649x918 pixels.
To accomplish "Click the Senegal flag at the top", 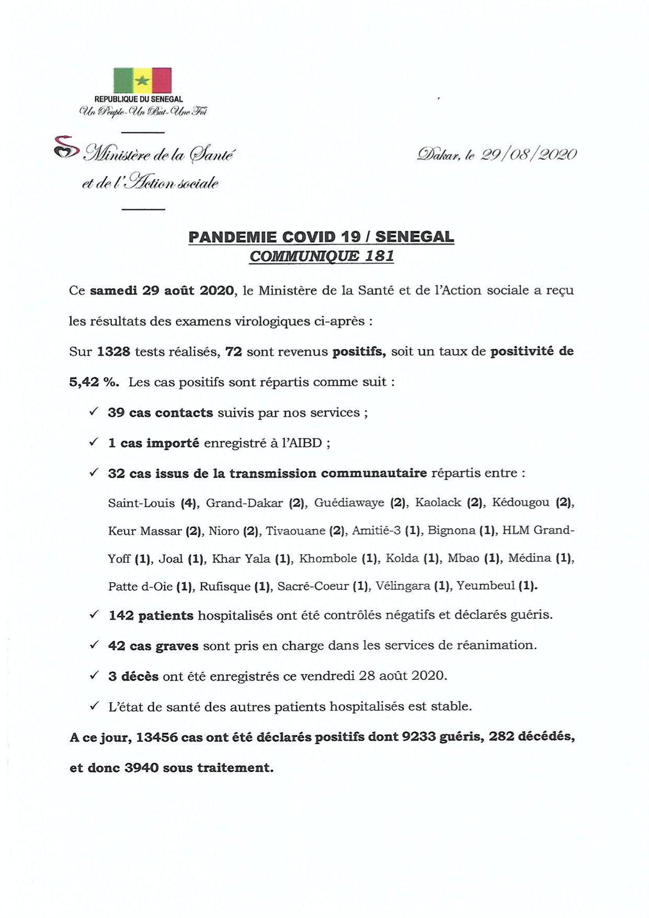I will pyautogui.click(x=142, y=80).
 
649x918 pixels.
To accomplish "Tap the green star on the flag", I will pyautogui.click(x=142, y=81).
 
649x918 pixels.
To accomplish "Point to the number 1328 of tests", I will pyautogui.click(x=113, y=352).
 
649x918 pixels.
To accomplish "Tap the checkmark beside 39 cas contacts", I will pyautogui.click(x=94, y=412).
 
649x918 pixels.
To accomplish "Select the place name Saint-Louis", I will pyautogui.click(x=141, y=503).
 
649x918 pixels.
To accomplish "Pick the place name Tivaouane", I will pyautogui.click(x=295, y=531).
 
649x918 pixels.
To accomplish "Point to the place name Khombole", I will pyautogui.click(x=331, y=559).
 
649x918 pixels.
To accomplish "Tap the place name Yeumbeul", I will pyautogui.click(x=485, y=586).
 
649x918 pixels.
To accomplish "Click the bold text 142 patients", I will pyautogui.click(x=151, y=615).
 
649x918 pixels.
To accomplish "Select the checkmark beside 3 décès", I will pyautogui.click(x=94, y=676).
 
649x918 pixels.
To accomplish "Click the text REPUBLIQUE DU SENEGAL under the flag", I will pyautogui.click(x=139, y=99).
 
